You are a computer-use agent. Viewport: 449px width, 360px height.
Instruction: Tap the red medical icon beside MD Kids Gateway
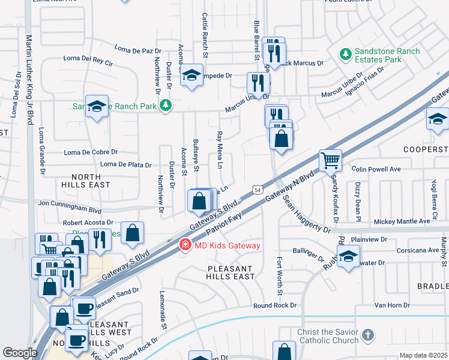[185, 245]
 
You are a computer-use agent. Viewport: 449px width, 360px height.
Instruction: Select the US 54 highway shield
[257, 190]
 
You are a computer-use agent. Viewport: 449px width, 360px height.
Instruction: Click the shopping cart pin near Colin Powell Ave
[330, 160]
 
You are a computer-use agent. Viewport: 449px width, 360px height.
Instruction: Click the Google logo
[20, 353]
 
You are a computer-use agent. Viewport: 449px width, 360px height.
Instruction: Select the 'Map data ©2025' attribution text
[423, 355]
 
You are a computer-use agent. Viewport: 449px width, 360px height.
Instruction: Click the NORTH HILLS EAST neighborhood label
[91, 181]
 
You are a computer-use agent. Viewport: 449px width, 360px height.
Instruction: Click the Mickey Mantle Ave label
[402, 221]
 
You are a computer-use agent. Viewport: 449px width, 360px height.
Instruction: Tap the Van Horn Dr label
[392, 305]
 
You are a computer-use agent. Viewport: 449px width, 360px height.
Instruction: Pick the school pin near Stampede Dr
[191, 75]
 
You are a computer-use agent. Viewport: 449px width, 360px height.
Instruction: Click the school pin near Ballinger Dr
[348, 257]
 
